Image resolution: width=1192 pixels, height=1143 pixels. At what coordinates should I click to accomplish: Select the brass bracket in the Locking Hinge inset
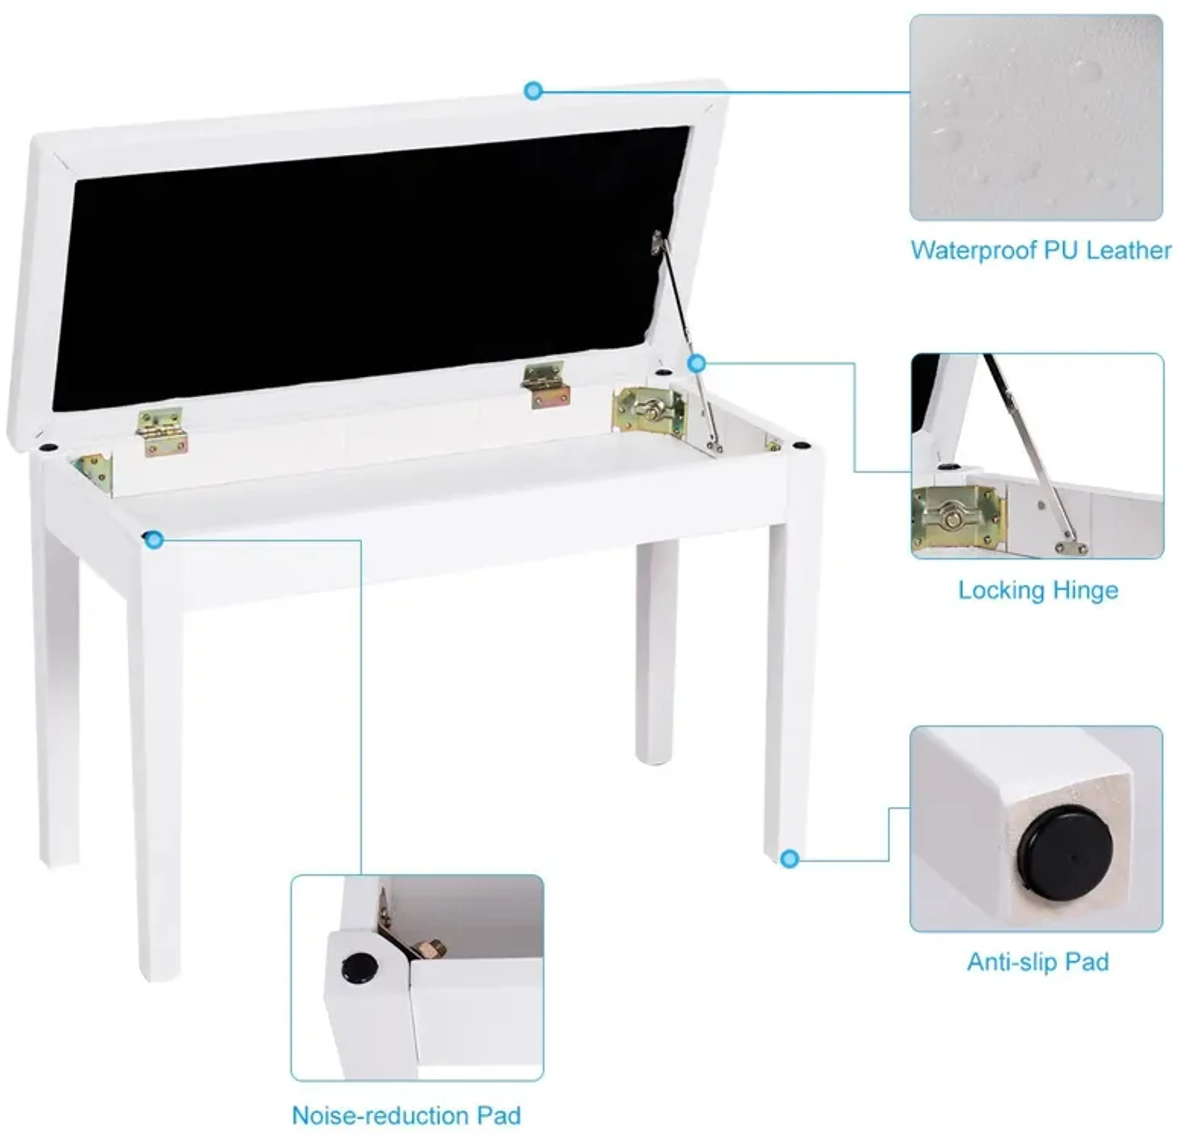click(955, 519)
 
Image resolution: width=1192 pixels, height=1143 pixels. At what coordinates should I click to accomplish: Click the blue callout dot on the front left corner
click(155, 539)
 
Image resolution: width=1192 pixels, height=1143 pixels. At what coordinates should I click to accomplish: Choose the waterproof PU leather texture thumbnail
click(1036, 117)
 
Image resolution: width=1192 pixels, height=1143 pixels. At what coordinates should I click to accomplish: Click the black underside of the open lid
click(365, 268)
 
